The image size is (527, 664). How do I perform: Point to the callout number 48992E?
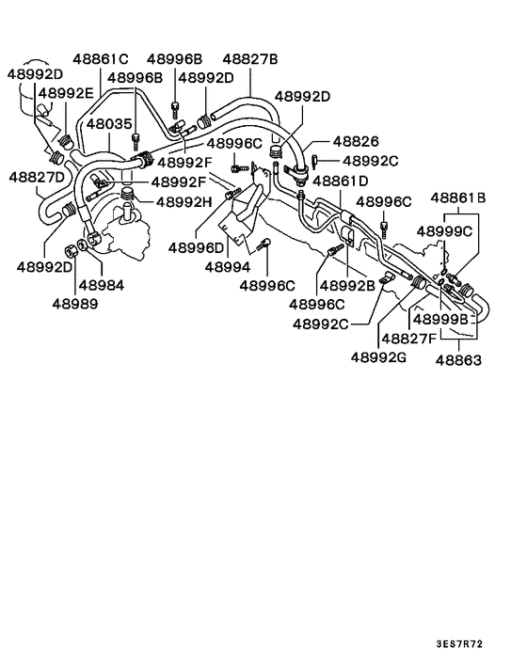pos(66,93)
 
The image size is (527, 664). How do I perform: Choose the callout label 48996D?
pos(196,247)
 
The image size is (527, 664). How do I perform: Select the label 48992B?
pos(347,284)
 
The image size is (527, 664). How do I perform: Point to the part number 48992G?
pos(380,356)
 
